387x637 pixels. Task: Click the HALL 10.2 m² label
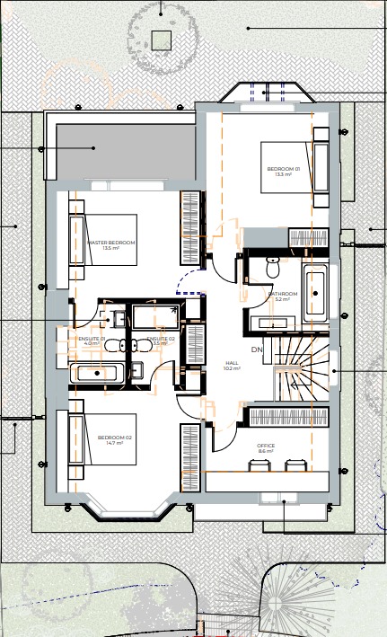click(x=232, y=366)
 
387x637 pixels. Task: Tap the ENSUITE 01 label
click(x=91, y=341)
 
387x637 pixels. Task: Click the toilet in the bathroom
click(x=274, y=265)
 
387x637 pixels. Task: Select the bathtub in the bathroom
click(x=315, y=293)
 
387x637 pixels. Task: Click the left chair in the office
click(x=258, y=464)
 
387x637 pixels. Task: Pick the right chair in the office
click(x=295, y=464)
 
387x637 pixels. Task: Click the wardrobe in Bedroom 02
click(x=189, y=456)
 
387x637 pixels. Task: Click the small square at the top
click(x=161, y=40)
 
